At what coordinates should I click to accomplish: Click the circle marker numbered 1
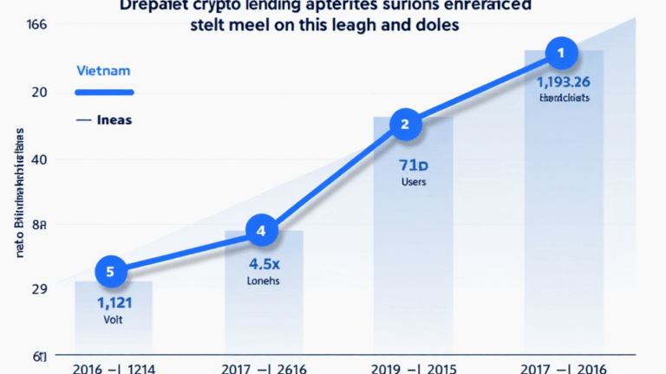click(x=560, y=54)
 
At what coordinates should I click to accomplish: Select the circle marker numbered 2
click(x=404, y=125)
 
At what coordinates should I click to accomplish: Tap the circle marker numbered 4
click(x=261, y=231)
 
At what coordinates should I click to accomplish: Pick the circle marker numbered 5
click(x=110, y=272)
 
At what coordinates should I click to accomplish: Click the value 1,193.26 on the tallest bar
click(x=564, y=82)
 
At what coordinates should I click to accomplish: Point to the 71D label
click(x=413, y=164)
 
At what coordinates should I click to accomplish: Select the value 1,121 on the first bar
click(x=114, y=302)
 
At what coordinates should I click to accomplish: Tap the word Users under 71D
click(x=413, y=183)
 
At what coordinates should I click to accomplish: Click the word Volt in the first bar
click(x=114, y=319)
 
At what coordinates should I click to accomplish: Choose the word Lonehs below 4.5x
click(x=263, y=280)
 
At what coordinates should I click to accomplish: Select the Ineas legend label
click(x=114, y=119)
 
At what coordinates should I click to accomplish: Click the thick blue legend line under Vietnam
click(x=104, y=93)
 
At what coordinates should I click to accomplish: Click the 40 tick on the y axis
click(x=39, y=159)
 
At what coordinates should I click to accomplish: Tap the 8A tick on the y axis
click(x=39, y=225)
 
